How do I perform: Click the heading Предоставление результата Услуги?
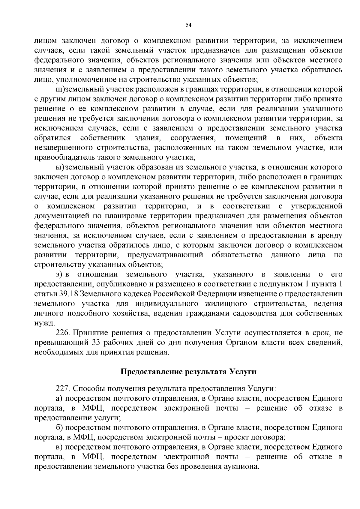[x=188, y=372]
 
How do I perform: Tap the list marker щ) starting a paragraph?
[x=60, y=89]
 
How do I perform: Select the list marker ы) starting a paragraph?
[x=60, y=167]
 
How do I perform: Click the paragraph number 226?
[x=63, y=333]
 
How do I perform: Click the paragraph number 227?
[x=63, y=389]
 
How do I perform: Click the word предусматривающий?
[x=165, y=255]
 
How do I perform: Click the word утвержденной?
[x=316, y=206]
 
